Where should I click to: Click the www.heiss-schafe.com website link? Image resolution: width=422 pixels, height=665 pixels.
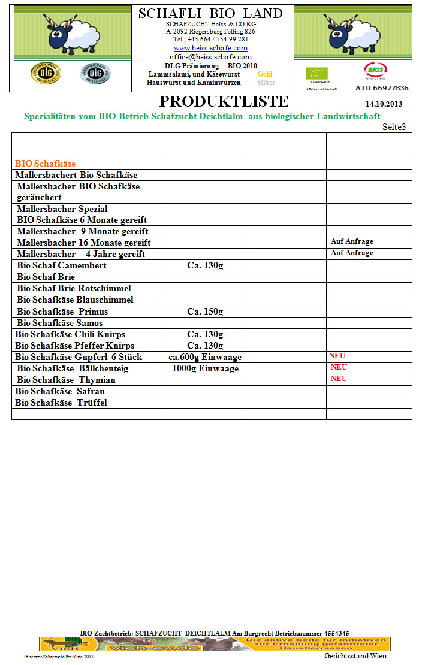click(x=210, y=48)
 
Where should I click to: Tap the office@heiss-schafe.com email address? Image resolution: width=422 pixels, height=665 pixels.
click(x=210, y=57)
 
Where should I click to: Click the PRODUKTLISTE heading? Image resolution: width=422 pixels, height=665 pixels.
click(x=224, y=101)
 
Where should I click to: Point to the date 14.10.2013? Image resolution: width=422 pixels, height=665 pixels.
click(x=384, y=104)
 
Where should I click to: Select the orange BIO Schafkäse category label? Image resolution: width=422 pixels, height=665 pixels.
click(x=46, y=164)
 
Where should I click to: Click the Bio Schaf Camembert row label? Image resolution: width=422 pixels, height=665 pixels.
click(x=62, y=265)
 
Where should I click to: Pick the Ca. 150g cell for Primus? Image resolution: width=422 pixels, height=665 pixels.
click(x=205, y=312)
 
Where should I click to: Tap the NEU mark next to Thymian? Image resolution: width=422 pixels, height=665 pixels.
click(x=339, y=379)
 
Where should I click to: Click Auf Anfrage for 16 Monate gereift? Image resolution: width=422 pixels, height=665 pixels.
click(x=352, y=242)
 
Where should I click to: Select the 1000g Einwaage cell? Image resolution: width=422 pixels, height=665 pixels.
click(x=205, y=368)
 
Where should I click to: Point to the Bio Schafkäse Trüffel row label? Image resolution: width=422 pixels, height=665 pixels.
click(x=61, y=403)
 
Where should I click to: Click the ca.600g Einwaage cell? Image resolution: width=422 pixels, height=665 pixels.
click(x=205, y=357)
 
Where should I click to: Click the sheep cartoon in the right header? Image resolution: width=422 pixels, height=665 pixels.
click(x=348, y=33)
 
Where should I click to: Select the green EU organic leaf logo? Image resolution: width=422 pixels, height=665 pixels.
click(x=316, y=74)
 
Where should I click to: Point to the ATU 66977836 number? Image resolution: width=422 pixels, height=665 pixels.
click(x=382, y=88)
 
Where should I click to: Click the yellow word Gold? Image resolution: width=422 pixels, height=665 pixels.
click(x=264, y=74)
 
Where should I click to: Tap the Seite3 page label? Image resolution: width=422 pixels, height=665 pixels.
click(x=394, y=127)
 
